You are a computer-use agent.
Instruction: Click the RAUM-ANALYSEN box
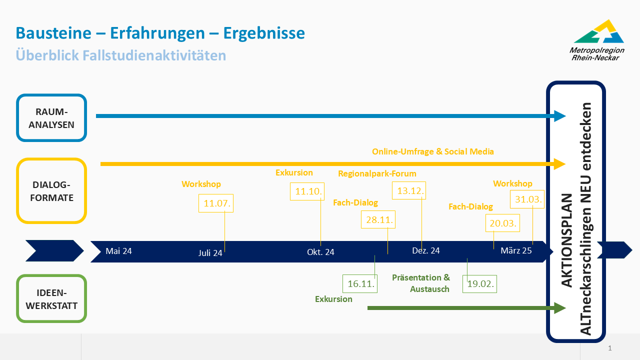pos(51,118)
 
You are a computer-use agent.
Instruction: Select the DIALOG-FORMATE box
pos(51,191)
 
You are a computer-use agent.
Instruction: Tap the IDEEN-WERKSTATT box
pos(51,298)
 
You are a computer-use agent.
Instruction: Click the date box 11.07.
pos(216,203)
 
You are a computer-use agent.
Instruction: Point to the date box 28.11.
pos(378,219)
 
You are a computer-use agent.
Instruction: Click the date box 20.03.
pos(502,223)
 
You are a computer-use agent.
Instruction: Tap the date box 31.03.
pos(526,199)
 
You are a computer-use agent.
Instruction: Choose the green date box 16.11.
pos(360,283)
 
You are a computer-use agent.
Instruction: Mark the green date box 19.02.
pos(480,284)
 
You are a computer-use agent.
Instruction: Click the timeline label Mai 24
pos(118,251)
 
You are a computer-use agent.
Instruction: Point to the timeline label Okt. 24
pos(320,252)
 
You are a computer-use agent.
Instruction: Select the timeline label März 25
pos(516,251)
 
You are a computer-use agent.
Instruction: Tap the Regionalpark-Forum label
pos(377,174)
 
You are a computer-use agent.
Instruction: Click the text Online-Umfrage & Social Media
pos(433,151)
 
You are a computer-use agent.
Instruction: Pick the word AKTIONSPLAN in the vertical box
pos(566,240)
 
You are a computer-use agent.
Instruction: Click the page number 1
pos(609,348)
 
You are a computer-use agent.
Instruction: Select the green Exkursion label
pos(333,299)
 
